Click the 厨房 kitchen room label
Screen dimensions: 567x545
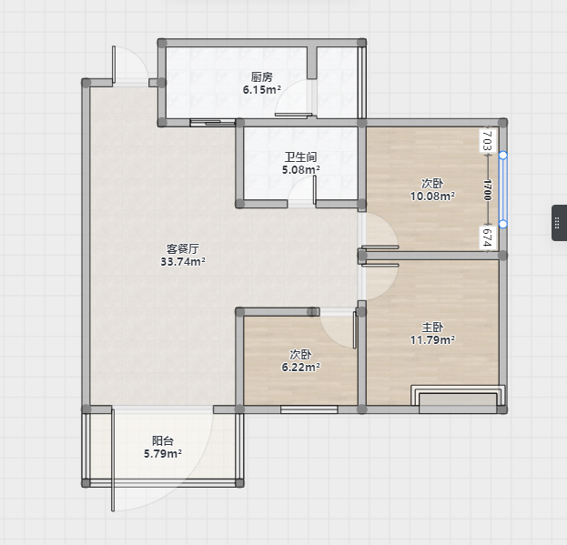[262, 77]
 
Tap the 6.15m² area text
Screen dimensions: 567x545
[262, 90]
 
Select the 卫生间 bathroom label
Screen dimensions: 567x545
[301, 156]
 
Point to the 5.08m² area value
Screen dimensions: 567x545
[301, 169]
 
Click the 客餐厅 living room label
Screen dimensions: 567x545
[183, 248]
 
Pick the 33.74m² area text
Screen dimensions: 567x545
[183, 261]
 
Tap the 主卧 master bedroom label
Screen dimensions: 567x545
[432, 327]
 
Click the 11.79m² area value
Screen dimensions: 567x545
[432, 339]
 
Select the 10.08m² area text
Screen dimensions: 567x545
[432, 196]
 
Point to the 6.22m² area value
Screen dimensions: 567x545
[301, 367]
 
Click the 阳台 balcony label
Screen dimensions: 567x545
[163, 440]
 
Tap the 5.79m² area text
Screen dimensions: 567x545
[163, 453]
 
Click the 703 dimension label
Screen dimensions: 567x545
[488, 141]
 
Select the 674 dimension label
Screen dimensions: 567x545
[488, 237]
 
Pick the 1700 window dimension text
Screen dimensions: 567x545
[488, 190]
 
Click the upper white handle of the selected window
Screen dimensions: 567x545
[502, 156]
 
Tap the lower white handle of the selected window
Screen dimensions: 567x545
[502, 225]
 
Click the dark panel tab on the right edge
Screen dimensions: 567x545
[559, 223]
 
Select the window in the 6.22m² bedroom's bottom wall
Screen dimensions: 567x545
[309, 409]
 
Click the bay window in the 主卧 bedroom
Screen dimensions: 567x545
[458, 399]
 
